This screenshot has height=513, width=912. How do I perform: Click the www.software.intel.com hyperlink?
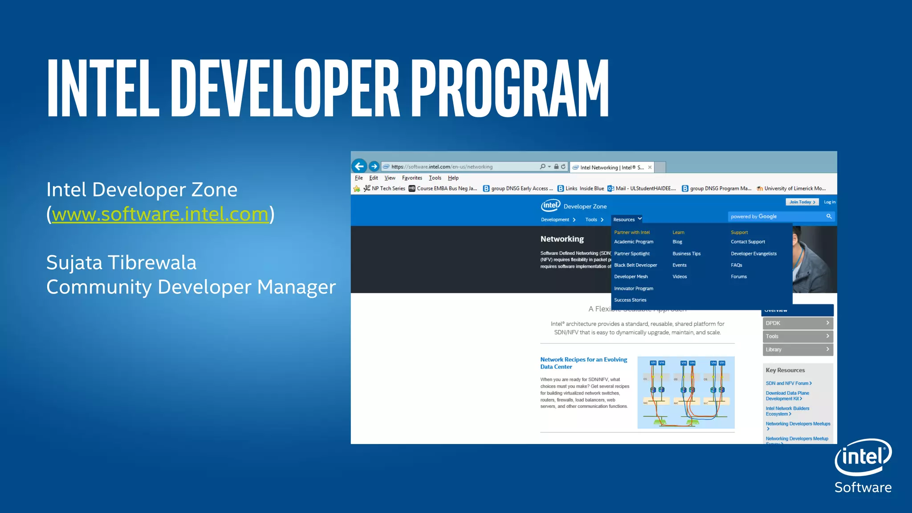click(160, 215)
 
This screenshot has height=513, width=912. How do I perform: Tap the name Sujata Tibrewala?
click(121, 262)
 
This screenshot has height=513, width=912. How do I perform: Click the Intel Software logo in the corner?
click(863, 465)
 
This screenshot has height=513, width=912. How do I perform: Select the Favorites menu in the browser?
click(412, 178)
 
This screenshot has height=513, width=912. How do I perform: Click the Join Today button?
click(802, 202)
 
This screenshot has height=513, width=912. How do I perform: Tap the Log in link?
click(829, 202)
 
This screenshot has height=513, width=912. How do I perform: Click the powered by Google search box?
click(777, 216)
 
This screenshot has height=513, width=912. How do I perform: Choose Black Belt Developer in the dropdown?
click(635, 265)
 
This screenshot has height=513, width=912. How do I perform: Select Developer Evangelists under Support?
click(753, 254)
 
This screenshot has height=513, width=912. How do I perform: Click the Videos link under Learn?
click(680, 277)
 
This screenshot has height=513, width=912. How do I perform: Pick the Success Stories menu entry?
click(630, 300)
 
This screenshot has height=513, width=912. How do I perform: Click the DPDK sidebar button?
click(797, 323)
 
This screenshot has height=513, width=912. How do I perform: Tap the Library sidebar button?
click(797, 350)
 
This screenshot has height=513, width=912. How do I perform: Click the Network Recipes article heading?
click(583, 363)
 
